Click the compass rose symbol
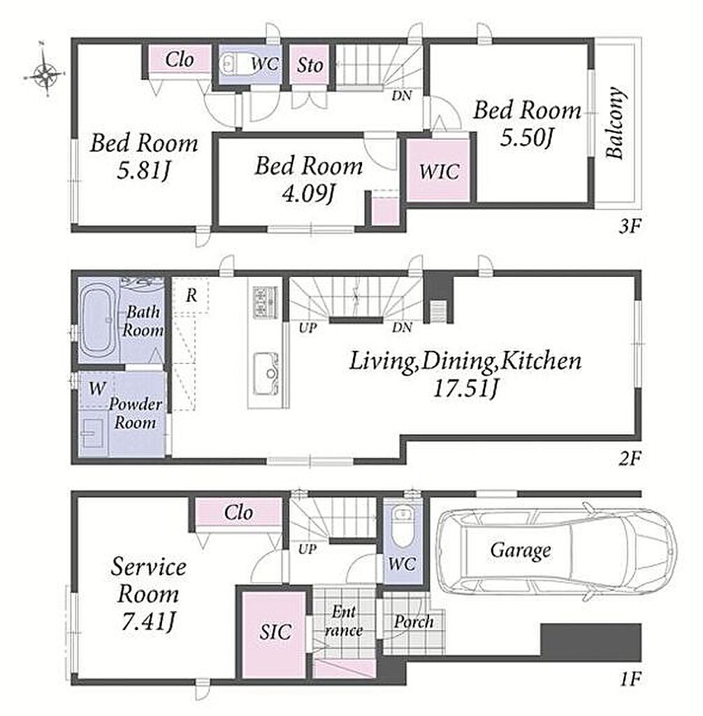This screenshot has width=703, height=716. tap(46, 72)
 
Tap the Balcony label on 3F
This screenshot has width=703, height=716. tap(615, 123)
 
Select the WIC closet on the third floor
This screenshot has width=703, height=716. tap(439, 171)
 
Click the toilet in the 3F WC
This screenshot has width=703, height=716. tap(229, 64)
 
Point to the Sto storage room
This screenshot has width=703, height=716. tap(310, 65)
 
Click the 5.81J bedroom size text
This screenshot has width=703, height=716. tap(144, 172)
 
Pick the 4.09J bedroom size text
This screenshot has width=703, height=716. tap(309, 195)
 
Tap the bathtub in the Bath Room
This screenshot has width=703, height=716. tap(98, 321)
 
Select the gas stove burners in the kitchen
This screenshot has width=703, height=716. tap(265, 302)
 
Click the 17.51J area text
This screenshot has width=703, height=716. tap(465, 389)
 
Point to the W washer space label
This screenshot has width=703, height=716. tap(97, 389)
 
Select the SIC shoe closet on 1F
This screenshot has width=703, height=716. tap(273, 635)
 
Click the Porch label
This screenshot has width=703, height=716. tap(414, 622)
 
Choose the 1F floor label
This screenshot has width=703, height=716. tap(630, 680)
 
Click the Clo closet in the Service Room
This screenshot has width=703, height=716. tap(238, 513)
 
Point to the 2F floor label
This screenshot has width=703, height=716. tap(630, 458)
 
